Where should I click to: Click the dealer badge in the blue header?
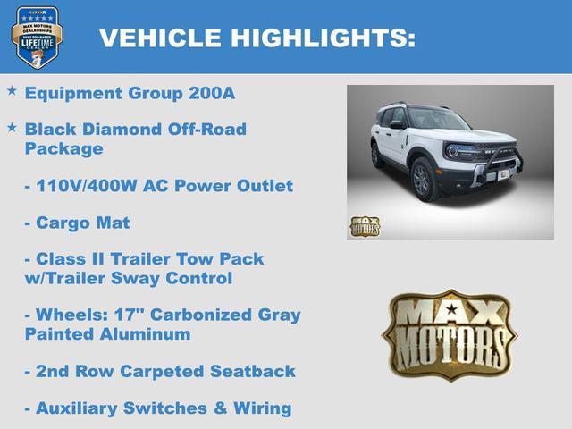click(x=36, y=38)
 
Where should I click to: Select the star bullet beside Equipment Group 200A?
click(x=12, y=91)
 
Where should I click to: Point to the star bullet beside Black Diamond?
click(x=12, y=128)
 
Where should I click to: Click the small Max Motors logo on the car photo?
click(x=365, y=226)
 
